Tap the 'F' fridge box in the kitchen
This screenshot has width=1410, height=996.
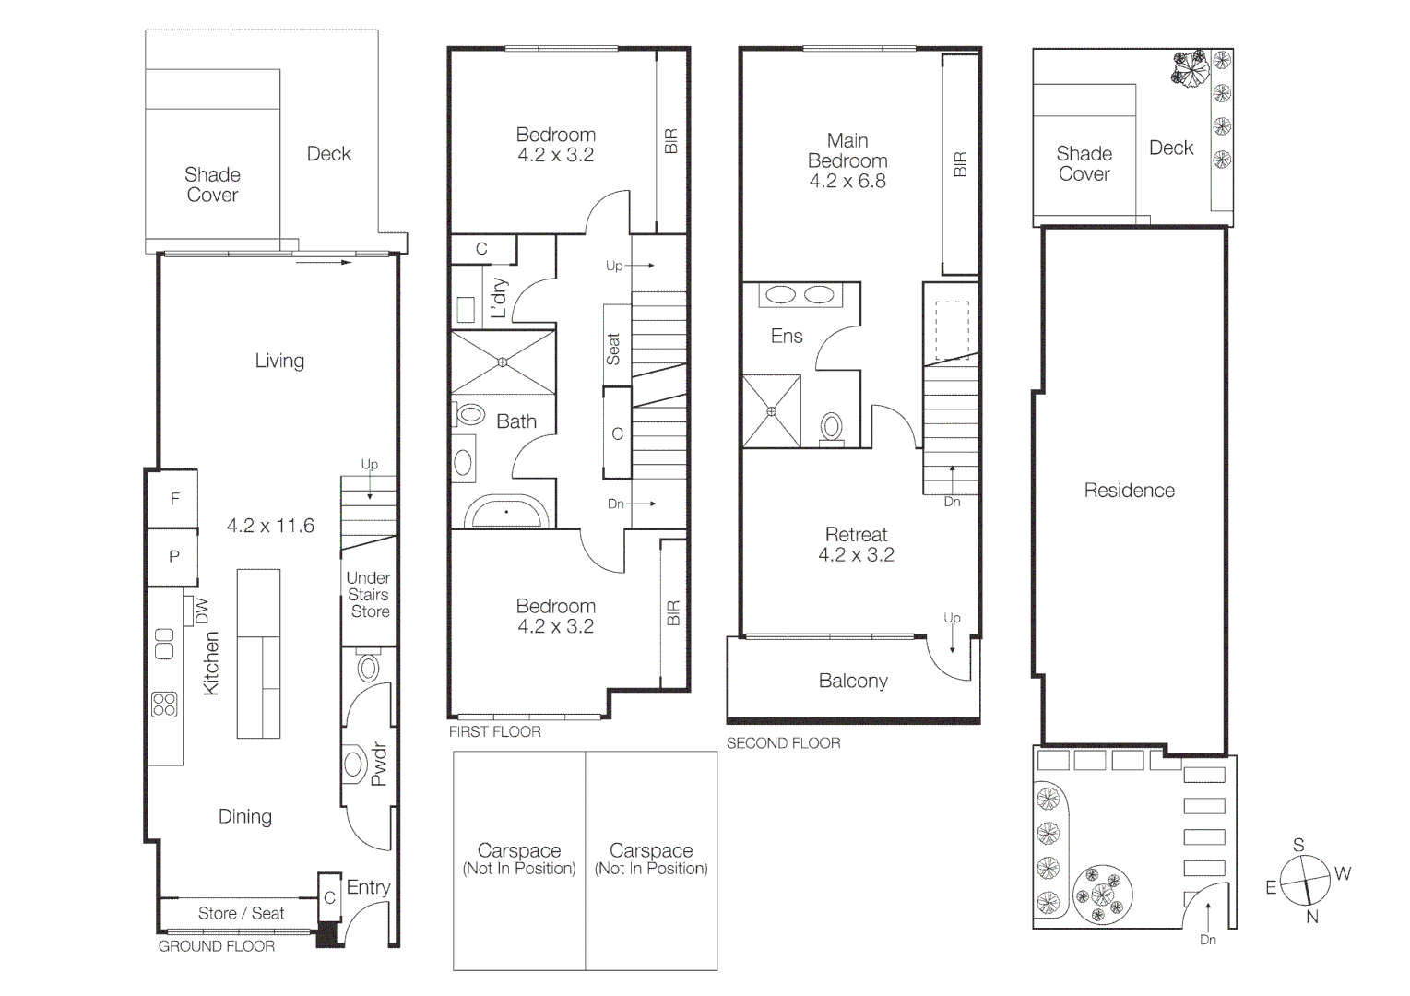(x=174, y=499)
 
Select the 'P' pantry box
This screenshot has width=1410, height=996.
(x=174, y=557)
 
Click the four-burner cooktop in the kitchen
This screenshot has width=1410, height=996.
(x=164, y=705)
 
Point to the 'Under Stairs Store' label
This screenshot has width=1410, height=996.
(x=368, y=595)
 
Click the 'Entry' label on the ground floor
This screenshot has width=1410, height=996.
(x=368, y=887)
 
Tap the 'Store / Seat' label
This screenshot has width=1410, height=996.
(x=241, y=913)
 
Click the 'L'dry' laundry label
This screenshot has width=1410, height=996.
(x=499, y=298)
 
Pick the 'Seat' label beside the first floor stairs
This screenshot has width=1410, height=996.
(x=614, y=349)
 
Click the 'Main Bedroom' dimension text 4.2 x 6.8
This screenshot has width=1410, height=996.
(x=847, y=181)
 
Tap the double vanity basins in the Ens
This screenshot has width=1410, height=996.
(x=800, y=295)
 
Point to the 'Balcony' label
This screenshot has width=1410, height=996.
(x=853, y=682)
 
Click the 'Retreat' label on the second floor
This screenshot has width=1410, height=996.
(x=856, y=535)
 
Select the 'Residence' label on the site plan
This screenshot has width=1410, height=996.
(x=1129, y=491)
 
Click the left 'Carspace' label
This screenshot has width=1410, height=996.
(x=519, y=851)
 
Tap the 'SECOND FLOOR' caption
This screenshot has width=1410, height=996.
(x=783, y=743)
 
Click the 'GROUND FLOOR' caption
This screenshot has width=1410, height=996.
(x=217, y=946)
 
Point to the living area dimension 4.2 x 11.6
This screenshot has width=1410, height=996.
(x=270, y=526)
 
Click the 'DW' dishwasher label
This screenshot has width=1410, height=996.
(x=202, y=611)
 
